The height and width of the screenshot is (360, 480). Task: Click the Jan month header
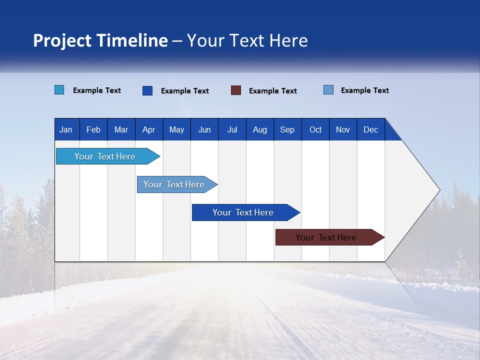click(66, 130)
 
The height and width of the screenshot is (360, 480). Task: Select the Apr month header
click(148, 130)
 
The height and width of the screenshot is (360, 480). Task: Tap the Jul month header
click(232, 130)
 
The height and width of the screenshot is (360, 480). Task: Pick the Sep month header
click(287, 130)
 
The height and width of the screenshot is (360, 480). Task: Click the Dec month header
click(370, 130)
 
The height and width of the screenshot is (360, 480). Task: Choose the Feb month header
click(93, 130)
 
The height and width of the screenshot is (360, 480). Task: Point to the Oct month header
click(315, 130)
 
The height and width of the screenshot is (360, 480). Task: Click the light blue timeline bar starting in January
click(105, 156)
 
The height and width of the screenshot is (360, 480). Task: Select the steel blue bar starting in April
click(174, 184)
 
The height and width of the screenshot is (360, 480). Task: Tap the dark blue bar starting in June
click(243, 212)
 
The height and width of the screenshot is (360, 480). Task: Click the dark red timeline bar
click(326, 237)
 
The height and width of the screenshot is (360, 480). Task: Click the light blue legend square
click(59, 90)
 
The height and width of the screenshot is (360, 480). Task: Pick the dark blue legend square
click(147, 90)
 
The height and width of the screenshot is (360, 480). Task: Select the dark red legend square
click(236, 90)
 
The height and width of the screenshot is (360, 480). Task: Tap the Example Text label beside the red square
click(273, 91)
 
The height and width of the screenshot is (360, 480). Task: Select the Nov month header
click(343, 130)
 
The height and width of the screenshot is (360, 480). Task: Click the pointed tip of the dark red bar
click(383, 237)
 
